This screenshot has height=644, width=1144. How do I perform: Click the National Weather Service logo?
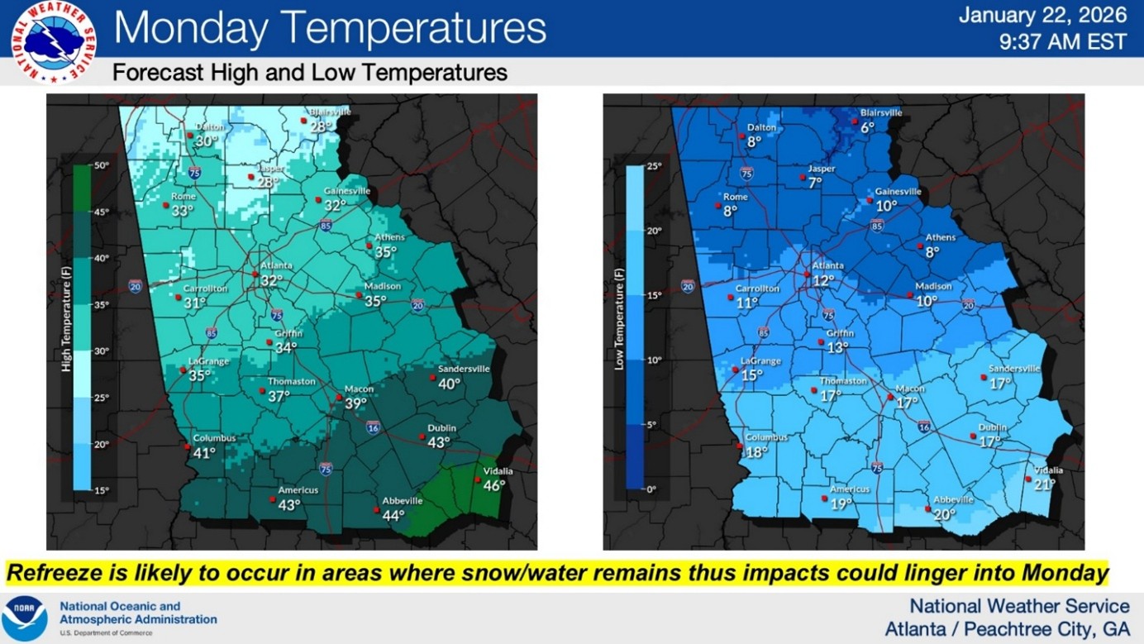pos(54,42)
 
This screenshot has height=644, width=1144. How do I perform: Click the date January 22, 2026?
pos(1042,15)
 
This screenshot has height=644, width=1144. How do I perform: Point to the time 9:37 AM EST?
pos(1062,41)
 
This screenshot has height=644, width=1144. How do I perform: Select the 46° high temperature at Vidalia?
pos(494,486)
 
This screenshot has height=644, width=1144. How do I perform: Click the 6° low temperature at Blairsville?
pos(867,127)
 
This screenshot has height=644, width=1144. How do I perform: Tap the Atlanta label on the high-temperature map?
pos(276,265)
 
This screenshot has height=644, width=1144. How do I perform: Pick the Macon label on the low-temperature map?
pos(910,389)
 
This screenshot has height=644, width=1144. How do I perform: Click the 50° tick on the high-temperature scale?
pos(102,165)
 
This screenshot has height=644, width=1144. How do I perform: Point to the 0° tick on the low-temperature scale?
pos(651,489)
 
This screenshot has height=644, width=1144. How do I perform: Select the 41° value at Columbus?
pos(204,453)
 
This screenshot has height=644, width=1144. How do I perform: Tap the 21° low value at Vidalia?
pos(1045,484)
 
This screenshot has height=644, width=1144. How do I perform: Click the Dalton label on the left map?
pos(210,127)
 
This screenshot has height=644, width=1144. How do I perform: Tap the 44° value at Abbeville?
pos(393,516)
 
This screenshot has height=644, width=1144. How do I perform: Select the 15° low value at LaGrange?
pos(751,375)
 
